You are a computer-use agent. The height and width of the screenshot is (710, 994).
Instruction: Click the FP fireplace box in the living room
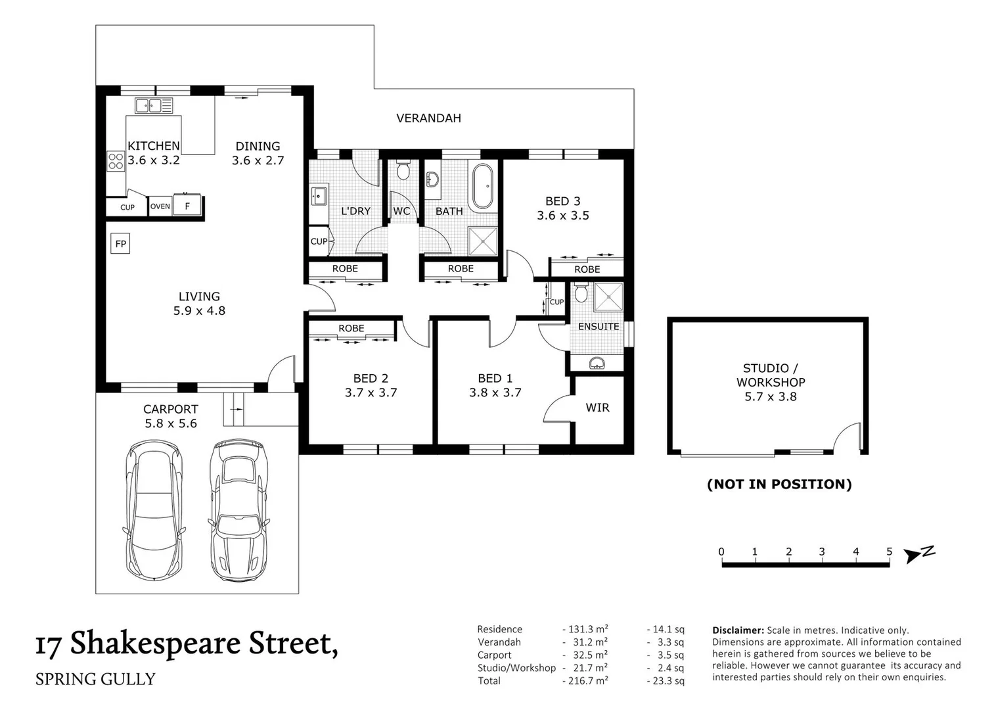[x=120, y=243]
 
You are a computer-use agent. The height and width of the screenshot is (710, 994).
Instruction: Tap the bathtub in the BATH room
[x=483, y=187]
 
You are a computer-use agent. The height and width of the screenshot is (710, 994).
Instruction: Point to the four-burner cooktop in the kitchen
[x=116, y=161]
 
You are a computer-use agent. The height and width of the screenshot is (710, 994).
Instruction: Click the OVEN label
[x=160, y=206]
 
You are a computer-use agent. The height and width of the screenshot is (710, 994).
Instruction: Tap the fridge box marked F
[x=187, y=206]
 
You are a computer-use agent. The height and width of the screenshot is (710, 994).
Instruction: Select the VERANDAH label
[x=428, y=118]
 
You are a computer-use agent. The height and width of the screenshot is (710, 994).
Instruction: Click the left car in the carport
[x=154, y=510]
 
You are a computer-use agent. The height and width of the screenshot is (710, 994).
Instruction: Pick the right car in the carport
[x=238, y=510]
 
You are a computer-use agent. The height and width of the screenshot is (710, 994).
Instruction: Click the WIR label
[x=597, y=408]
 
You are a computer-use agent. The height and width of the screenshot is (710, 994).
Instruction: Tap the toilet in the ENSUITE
[x=581, y=293]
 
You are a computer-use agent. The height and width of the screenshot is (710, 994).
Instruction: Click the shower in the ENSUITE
[x=608, y=297]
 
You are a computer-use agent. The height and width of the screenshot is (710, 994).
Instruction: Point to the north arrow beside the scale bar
[x=920, y=554]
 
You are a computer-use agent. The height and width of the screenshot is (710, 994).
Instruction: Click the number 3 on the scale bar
[x=822, y=552]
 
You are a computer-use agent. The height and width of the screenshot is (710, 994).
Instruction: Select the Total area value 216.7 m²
[x=585, y=680]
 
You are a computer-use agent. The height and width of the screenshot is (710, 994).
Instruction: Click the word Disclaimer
[x=738, y=630]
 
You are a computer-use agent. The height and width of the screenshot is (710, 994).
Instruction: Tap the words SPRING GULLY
[x=95, y=679]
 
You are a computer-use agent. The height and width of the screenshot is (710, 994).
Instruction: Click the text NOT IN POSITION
[x=780, y=484]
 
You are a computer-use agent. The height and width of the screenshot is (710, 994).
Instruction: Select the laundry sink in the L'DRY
[x=319, y=196]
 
